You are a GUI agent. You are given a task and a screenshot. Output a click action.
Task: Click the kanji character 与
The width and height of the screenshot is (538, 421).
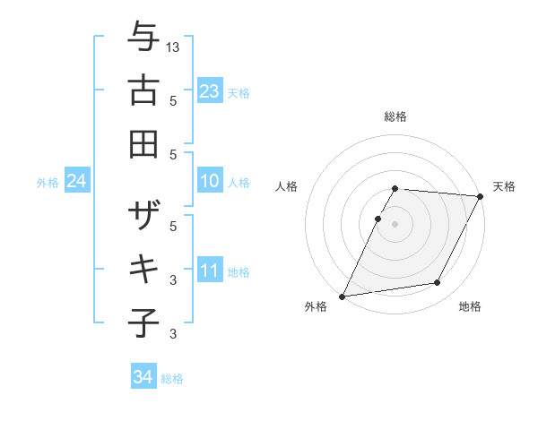pos(143,39)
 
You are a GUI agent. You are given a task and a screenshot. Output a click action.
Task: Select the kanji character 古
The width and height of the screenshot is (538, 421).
pos(143,92)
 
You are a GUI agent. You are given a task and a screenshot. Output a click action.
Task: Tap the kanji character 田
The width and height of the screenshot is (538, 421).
pos(143,143)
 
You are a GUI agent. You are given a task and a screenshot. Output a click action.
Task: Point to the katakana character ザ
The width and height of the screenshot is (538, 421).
pos(143,218)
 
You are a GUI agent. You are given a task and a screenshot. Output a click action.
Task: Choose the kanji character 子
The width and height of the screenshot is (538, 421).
pos(143,322)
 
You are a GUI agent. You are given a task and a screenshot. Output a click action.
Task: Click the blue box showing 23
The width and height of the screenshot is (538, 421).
pos(209,91)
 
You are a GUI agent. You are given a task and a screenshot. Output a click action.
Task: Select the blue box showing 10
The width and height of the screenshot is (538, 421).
pos(209,182)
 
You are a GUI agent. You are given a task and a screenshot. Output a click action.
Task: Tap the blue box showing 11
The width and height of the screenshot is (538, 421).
pos(209,271)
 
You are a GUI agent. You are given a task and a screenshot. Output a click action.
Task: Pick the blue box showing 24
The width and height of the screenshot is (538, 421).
pos(76,182)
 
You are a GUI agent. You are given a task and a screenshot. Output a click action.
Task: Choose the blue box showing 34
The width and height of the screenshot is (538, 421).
pos(143,378)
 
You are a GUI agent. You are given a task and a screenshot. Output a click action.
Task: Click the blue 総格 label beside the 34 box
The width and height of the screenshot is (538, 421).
pos(172,379)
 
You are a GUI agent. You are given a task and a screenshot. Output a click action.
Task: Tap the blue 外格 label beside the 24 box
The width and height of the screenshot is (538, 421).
pos(48,183)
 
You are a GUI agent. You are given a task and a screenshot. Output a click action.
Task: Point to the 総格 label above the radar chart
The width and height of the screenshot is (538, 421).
pos(395,116)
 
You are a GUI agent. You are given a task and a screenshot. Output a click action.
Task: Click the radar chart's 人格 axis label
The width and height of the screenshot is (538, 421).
pos(287,186)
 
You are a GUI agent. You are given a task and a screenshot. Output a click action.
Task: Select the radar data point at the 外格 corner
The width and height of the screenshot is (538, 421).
pos(343,296)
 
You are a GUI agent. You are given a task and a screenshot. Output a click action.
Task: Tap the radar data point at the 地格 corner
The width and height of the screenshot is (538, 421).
pos(438,283)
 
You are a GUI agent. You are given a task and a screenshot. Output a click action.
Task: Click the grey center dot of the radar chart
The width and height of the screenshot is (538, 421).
pos(395,224)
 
